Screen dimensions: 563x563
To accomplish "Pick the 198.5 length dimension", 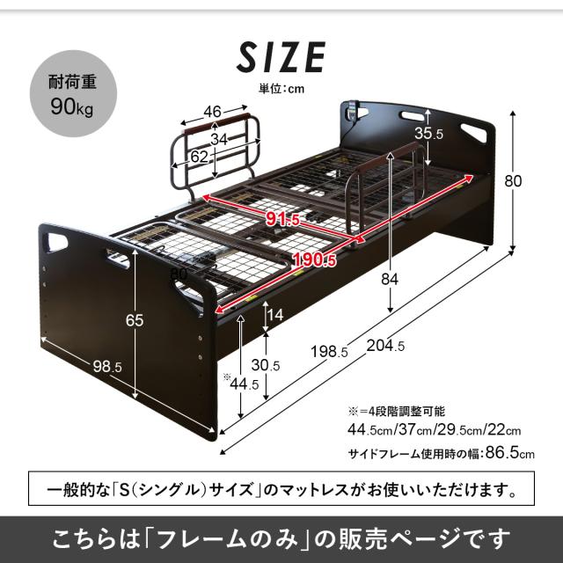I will point(330,353).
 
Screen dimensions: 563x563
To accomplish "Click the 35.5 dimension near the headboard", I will point(429,135).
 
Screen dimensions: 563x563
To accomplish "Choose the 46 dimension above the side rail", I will point(211,111).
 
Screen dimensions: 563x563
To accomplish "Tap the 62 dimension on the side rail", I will point(199,157).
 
